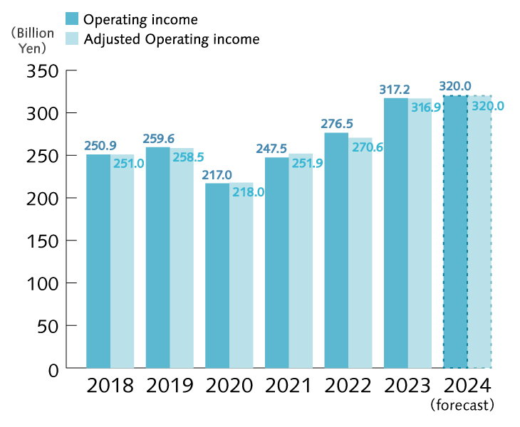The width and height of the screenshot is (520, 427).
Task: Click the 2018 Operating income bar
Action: coord(98,261)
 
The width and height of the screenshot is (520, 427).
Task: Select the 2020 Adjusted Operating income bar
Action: coord(241,275)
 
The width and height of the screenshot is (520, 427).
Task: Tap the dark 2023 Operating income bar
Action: coord(395,233)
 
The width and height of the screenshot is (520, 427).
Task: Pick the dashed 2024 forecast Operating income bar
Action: coord(455,231)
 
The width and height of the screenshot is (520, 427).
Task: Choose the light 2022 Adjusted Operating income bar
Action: coord(360,253)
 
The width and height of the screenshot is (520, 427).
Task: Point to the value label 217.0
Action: coord(217,174)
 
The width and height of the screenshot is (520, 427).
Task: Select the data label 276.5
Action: coord(336,123)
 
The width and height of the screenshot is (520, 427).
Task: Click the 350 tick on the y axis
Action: coord(41,70)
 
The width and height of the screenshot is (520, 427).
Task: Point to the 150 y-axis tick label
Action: coord(41,241)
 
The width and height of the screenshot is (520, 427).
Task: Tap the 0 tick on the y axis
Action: coord(51,368)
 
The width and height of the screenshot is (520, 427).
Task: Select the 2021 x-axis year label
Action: coord(288,386)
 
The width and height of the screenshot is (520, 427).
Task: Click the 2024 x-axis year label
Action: coord(467,386)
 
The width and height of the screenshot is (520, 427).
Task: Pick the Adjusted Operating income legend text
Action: coord(172,38)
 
